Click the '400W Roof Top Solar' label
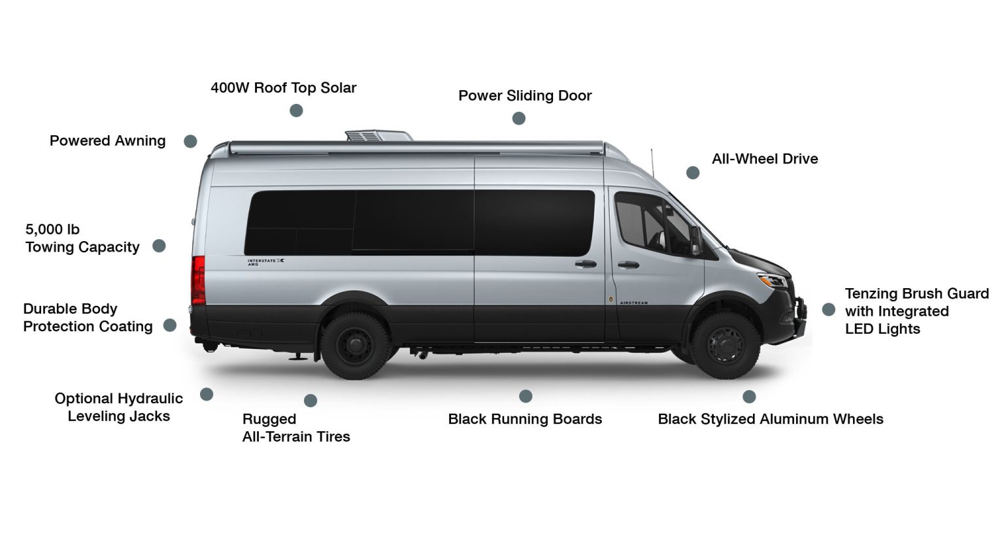tap(283, 88)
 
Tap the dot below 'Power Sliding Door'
tap(518, 118)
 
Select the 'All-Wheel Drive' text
tap(765, 159)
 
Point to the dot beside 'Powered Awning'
tap(190, 141)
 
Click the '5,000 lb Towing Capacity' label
tap(82, 238)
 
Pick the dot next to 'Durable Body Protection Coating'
tap(170, 325)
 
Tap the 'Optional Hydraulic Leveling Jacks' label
tap(119, 407)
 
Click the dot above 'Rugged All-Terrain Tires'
tap(310, 401)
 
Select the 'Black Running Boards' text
tap(525, 419)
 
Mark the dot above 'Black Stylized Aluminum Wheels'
tap(749, 397)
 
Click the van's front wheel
tap(726, 346)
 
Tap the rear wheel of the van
tap(356, 346)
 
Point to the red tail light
tap(198, 280)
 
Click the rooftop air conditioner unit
tap(378, 136)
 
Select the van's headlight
tap(773, 281)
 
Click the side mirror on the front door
tap(695, 240)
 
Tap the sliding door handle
tap(586, 264)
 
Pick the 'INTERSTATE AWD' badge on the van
tap(266, 262)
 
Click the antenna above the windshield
tap(652, 163)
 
